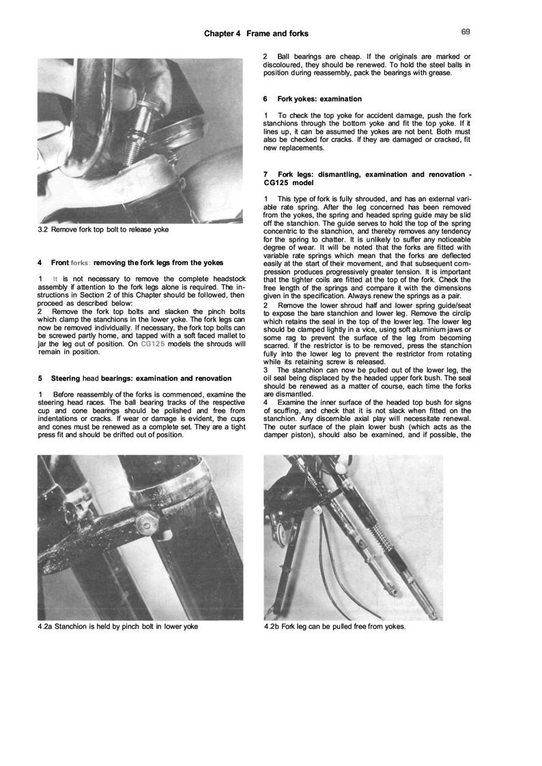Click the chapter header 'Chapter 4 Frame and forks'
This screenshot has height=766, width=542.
coord(256,33)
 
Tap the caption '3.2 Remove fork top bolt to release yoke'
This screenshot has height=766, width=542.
coord(103,229)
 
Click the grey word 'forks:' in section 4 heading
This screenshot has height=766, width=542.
coord(80,262)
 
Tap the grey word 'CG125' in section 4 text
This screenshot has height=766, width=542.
coord(153,344)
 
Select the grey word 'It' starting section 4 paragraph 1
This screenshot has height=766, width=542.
coord(55,279)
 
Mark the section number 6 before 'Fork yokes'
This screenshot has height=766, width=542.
coord(265,99)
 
